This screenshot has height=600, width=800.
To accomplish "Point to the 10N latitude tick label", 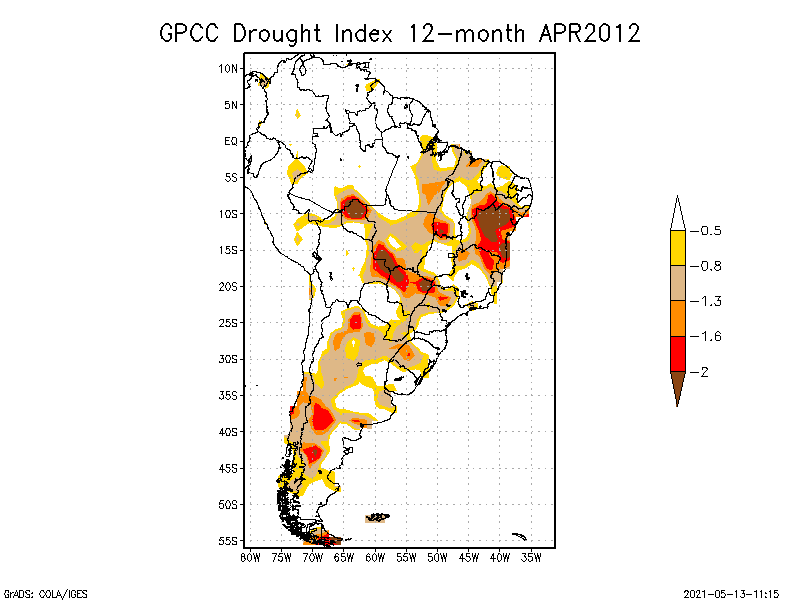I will pyautogui.click(x=229, y=68).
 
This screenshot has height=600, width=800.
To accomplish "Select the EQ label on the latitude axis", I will pyautogui.click(x=231, y=141).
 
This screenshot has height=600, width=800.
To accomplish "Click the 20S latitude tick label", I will pyautogui.click(x=229, y=286).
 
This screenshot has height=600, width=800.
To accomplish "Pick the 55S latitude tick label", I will pyautogui.click(x=229, y=540).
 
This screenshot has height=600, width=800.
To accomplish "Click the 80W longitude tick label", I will pyautogui.click(x=249, y=557).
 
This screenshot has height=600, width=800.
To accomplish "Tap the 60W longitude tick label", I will pyautogui.click(x=375, y=557).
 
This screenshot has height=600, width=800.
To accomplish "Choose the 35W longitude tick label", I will pyautogui.click(x=532, y=557).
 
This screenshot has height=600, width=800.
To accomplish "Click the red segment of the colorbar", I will pyautogui.click(x=677, y=353).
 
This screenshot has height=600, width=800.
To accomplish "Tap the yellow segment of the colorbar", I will pyautogui.click(x=677, y=248).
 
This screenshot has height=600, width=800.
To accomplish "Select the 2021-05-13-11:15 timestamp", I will pyautogui.click(x=730, y=593).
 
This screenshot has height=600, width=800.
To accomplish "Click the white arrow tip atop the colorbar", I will pyautogui.click(x=677, y=213).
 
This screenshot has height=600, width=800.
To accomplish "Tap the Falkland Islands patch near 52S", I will pyautogui.click(x=377, y=518).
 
